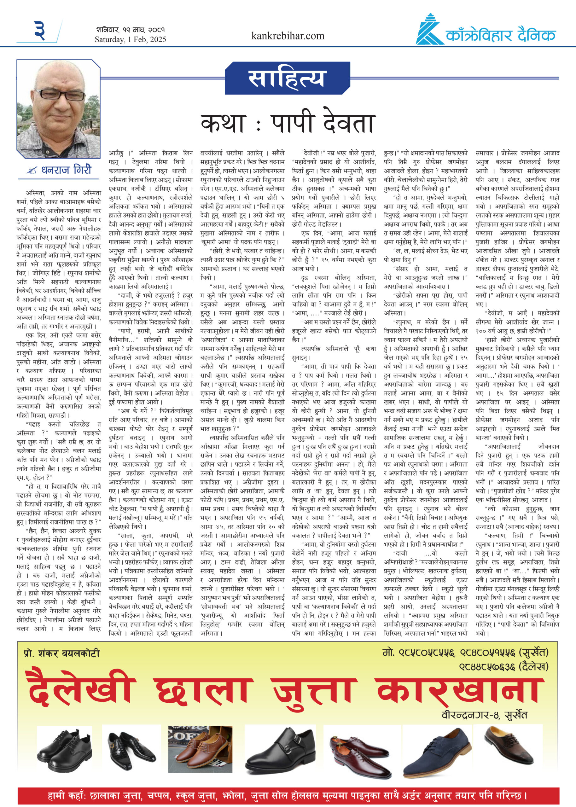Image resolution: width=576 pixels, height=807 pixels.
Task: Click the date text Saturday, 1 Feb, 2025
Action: pos(130,39)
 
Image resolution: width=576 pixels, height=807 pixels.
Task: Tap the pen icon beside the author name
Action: pos(32,171)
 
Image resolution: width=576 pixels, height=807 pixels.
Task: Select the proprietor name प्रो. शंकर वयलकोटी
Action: pos(61,653)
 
